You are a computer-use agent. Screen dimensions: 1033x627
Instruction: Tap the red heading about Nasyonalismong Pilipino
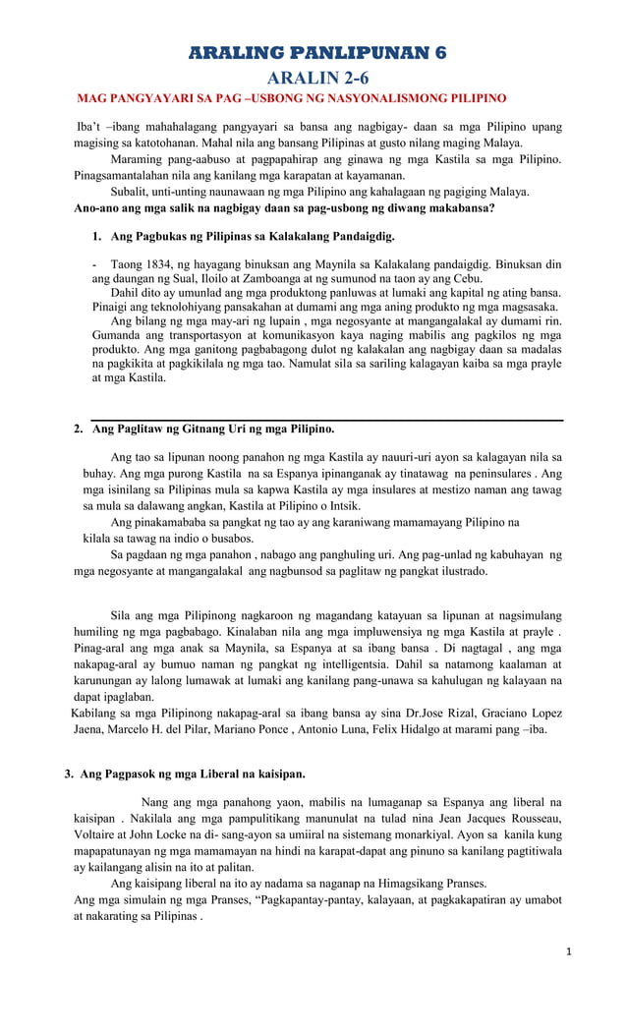292,99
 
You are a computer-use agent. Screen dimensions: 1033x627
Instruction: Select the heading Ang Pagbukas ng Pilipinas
253,237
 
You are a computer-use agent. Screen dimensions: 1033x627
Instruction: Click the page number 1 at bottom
568,951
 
